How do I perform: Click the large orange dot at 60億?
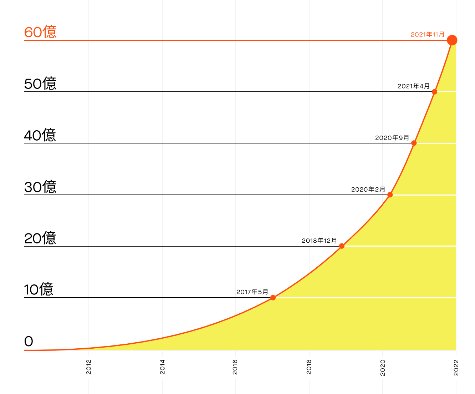(452, 40)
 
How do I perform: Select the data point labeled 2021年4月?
(434, 92)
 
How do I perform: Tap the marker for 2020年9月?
(414, 143)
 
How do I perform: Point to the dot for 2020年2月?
(390, 195)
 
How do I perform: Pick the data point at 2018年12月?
(342, 246)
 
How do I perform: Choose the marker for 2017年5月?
(273, 297)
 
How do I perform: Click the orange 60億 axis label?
(40, 32)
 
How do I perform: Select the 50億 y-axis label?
(40, 84)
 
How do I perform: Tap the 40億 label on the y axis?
(40, 135)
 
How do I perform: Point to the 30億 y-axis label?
(40, 187)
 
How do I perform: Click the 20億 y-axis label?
(40, 238)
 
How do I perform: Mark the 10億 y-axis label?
(39, 289)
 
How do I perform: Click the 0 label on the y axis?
(29, 342)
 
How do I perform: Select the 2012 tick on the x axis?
(89, 367)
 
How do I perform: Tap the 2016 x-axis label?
(235, 367)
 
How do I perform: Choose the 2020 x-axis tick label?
(383, 367)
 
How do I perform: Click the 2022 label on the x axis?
(456, 367)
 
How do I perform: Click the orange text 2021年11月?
(428, 35)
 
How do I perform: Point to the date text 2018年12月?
(319, 241)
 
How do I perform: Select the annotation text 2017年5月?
(252, 292)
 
